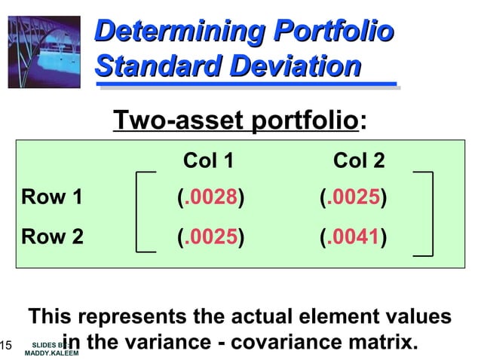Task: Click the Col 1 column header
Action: pos(209,160)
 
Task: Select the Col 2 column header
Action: pos(359,160)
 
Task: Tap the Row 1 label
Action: pos(52,198)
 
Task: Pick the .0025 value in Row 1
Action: pos(354,198)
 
